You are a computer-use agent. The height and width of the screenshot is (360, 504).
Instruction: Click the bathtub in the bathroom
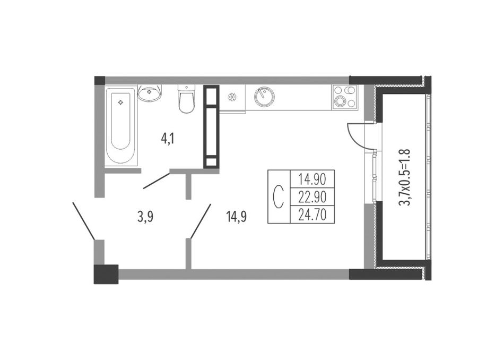[x=120, y=125]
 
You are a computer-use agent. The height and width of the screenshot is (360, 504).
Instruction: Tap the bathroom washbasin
[x=150, y=93]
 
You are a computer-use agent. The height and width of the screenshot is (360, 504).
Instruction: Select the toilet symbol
[x=186, y=99]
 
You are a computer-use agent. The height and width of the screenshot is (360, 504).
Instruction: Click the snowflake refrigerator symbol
[x=231, y=97]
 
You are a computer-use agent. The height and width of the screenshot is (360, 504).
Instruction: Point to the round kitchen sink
[x=264, y=97]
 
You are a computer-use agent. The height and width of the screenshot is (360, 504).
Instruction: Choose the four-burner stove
[x=344, y=97]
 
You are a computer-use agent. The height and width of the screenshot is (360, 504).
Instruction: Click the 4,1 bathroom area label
[x=167, y=140]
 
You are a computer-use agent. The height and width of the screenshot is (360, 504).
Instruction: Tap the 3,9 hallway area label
[x=145, y=218]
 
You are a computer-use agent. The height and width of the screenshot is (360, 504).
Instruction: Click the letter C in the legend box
[x=279, y=196]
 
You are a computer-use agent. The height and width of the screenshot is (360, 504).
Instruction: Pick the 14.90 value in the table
[x=312, y=178]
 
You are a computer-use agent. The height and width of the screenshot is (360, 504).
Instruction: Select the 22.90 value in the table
[x=312, y=196]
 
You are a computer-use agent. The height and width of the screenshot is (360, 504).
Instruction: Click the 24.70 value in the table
[x=312, y=215]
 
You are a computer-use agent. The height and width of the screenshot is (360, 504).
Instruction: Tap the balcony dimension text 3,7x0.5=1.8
[x=404, y=177]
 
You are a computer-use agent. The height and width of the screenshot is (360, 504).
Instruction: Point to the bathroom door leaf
[x=156, y=181]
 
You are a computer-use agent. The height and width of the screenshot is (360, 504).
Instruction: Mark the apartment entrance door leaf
[x=84, y=221]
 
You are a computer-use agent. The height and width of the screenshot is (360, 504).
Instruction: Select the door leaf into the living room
[x=201, y=221]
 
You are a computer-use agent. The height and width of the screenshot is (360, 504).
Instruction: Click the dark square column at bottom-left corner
[x=106, y=274]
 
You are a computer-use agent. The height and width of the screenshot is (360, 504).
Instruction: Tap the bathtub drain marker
[x=120, y=102]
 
